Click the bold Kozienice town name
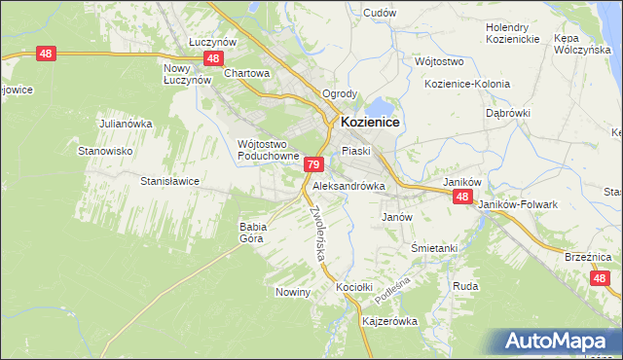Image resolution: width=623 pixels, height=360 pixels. (372, 123)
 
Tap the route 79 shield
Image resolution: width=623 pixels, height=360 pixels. (313, 165)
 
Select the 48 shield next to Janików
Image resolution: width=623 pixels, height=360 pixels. (462, 197)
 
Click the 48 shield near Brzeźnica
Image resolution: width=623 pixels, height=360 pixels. (601, 279)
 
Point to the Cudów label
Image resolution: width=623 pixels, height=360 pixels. (379, 13)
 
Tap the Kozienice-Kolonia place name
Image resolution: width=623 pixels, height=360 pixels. (467, 84)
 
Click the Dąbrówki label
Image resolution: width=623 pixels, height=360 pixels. (507, 113)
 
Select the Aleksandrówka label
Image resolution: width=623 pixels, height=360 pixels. (348, 185)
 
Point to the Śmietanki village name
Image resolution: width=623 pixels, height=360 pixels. (434, 248)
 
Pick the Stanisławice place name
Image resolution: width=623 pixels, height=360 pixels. (170, 181)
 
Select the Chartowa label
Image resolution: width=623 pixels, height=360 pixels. (246, 73)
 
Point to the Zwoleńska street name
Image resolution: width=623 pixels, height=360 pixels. (317, 233)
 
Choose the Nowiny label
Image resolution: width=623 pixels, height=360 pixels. (292, 292)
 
